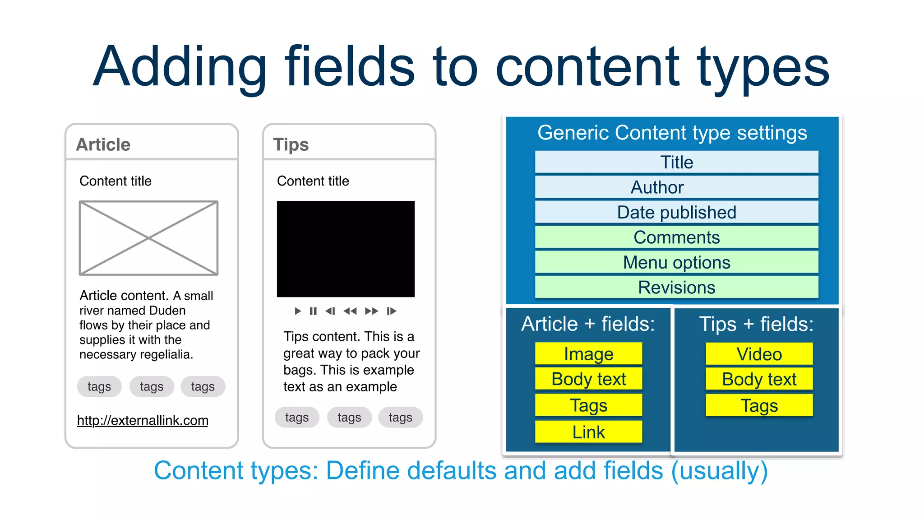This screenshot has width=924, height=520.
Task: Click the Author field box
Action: coord(676,187)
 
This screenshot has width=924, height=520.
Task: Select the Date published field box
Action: coord(676,212)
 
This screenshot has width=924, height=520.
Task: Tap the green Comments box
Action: coord(676,237)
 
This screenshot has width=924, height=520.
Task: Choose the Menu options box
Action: coord(676,262)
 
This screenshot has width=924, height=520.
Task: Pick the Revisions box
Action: coord(676,288)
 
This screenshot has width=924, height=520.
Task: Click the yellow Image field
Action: coord(588,354)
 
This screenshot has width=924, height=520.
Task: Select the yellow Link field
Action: coord(588,432)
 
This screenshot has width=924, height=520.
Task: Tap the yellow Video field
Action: coord(759,354)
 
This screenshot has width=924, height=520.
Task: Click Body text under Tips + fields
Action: coord(759,379)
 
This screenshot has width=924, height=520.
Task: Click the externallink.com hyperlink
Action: coord(143,420)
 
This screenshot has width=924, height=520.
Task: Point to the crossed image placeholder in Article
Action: coord(148,238)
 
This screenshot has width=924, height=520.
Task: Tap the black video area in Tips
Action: coord(346,249)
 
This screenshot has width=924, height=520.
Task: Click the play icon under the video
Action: coord(297,311)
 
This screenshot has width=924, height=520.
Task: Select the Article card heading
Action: coord(103,144)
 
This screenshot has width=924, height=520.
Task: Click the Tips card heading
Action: coord(291,144)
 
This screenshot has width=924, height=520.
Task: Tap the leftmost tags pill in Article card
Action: coord(99,386)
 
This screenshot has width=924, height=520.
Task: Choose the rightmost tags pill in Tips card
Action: coord(400,418)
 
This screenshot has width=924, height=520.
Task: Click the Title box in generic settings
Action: coord(676,162)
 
